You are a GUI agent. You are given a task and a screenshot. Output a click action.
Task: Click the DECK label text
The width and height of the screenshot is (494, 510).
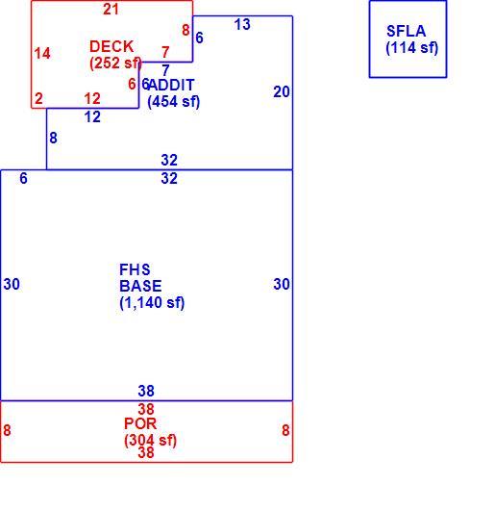point(111,46)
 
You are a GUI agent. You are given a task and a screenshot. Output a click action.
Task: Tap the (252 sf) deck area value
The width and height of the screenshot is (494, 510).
point(115,64)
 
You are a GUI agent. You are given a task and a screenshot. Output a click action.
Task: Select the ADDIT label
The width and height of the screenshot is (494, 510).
point(171,86)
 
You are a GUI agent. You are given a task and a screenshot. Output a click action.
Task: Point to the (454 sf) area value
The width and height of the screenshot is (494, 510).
point(173,101)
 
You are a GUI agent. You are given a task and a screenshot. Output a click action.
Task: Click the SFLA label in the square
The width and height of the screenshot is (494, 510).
point(406,31)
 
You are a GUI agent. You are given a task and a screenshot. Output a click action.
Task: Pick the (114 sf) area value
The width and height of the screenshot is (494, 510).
point(412,48)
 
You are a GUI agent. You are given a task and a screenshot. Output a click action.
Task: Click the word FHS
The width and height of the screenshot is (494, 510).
point(135,269)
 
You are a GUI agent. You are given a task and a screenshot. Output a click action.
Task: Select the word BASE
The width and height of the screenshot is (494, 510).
point(140,286)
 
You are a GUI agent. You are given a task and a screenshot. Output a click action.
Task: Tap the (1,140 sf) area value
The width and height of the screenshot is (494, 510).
point(152,303)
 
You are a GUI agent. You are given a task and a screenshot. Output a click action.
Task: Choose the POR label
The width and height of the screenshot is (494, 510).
point(140,423)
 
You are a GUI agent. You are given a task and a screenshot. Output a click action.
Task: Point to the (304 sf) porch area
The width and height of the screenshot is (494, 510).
point(150,441)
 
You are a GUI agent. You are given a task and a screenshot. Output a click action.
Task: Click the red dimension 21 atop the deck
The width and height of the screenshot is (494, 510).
point(111,10)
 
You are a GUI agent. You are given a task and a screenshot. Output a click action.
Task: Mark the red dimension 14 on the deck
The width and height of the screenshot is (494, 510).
point(42,53)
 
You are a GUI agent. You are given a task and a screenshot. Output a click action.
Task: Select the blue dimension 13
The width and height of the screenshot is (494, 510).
point(242,24)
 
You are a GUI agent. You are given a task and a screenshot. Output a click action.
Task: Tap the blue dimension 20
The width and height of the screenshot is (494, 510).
point(282,92)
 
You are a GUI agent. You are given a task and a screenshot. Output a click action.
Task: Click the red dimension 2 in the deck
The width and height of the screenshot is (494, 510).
point(39,98)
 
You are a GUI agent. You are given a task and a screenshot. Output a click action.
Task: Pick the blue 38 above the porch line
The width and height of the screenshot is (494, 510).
point(146,391)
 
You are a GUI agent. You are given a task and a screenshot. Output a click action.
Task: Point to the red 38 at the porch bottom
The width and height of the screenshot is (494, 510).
point(146,452)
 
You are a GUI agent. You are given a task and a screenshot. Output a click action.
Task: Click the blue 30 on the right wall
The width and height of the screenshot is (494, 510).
point(282,284)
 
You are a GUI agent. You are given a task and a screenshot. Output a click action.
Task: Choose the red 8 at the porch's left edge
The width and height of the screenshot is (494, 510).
point(7,430)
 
